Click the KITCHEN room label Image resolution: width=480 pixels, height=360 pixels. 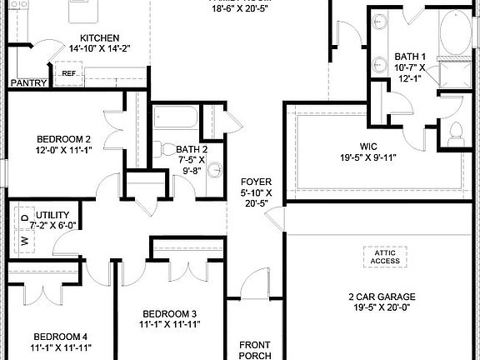[99, 38]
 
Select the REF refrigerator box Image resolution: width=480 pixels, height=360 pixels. [68, 73]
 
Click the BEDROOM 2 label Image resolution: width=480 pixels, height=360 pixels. [63, 139]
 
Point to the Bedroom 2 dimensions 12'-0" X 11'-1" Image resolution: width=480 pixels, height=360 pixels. [63, 151]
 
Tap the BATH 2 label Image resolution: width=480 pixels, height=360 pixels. [192, 150]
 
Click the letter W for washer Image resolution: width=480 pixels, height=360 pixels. [23, 240]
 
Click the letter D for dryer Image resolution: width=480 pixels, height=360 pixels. [23, 219]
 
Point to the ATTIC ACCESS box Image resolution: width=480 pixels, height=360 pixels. [385, 256]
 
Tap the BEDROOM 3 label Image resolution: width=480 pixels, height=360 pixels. [169, 313]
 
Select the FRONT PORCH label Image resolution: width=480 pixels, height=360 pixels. [255, 350]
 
